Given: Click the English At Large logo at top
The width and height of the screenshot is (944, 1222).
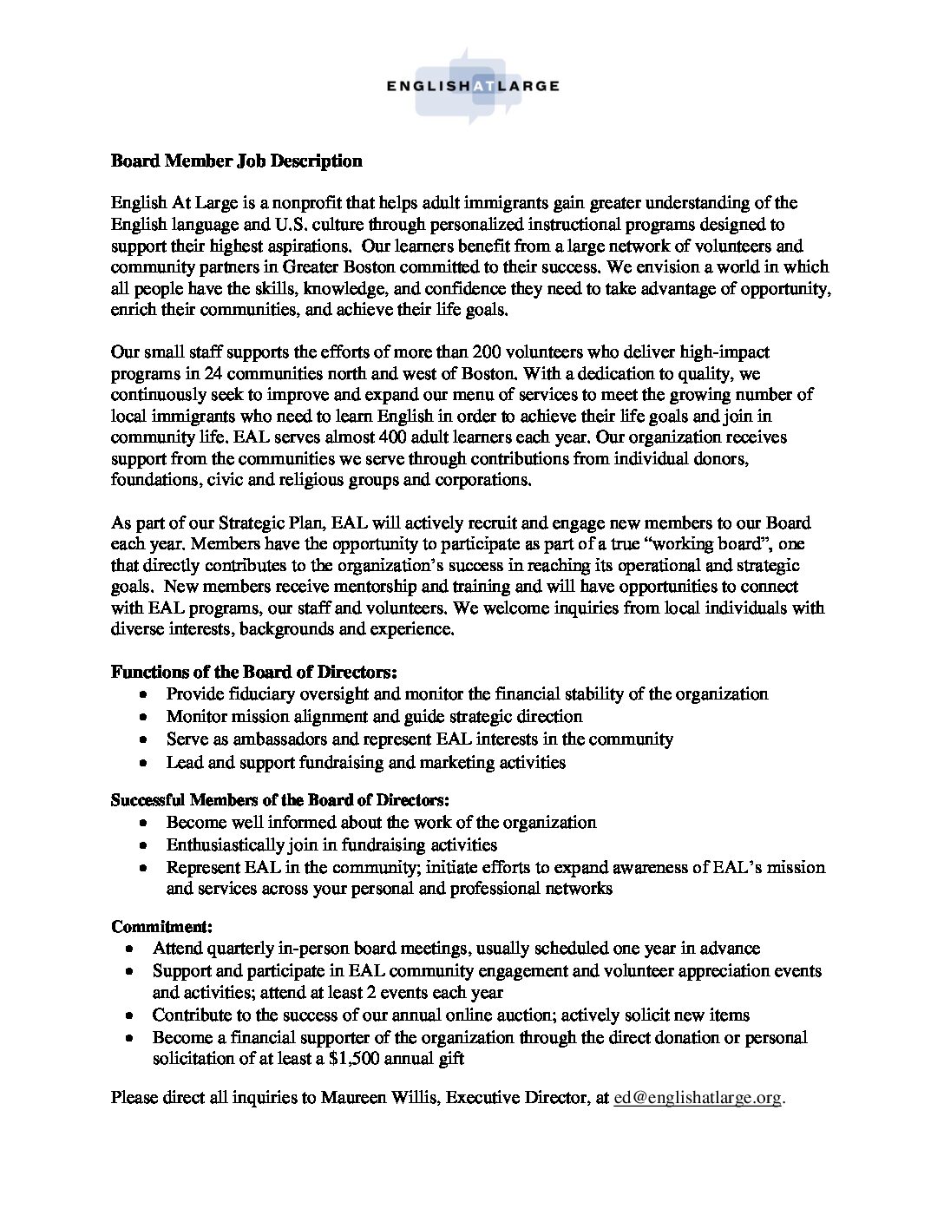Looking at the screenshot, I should tap(472, 85).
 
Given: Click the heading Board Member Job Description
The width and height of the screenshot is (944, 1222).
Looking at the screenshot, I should tap(236, 161).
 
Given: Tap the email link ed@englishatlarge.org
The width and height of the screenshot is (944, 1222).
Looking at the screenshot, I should tap(697, 1098).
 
